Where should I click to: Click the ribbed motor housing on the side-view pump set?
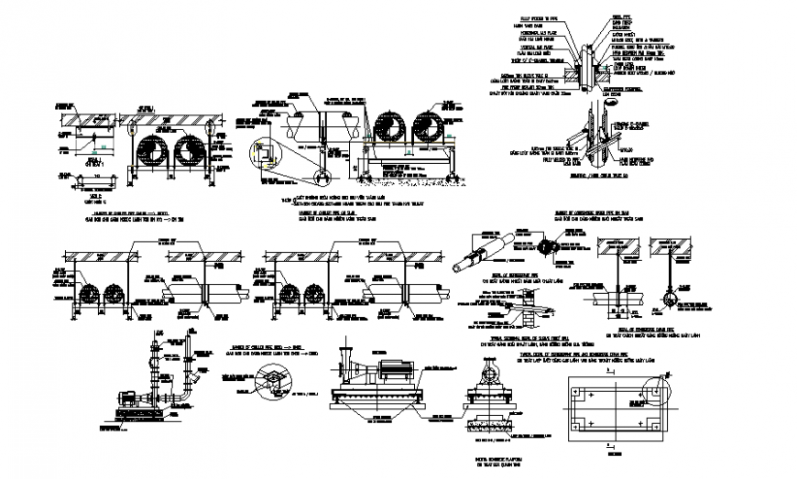[396, 371]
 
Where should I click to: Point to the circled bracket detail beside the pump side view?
[270, 376]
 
